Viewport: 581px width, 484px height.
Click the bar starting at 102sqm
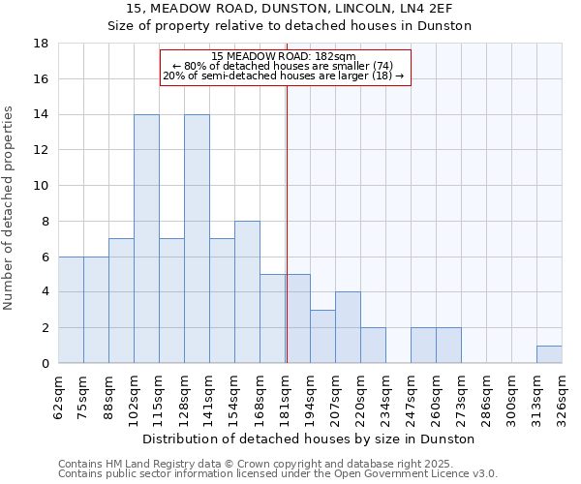(146, 239)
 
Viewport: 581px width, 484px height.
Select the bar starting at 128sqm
(197, 239)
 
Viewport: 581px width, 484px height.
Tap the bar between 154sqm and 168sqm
(247, 292)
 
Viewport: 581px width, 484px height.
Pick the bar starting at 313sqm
(549, 354)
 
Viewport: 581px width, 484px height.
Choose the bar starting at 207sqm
(348, 327)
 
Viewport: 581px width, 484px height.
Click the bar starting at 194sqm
(322, 337)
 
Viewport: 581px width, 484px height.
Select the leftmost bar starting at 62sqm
(71, 310)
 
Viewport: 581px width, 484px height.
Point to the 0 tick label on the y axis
(46, 364)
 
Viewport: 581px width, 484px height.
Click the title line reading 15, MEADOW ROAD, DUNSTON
(290, 9)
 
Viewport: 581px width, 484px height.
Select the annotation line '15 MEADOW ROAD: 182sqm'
(284, 56)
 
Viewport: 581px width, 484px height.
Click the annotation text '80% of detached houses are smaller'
(284, 66)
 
